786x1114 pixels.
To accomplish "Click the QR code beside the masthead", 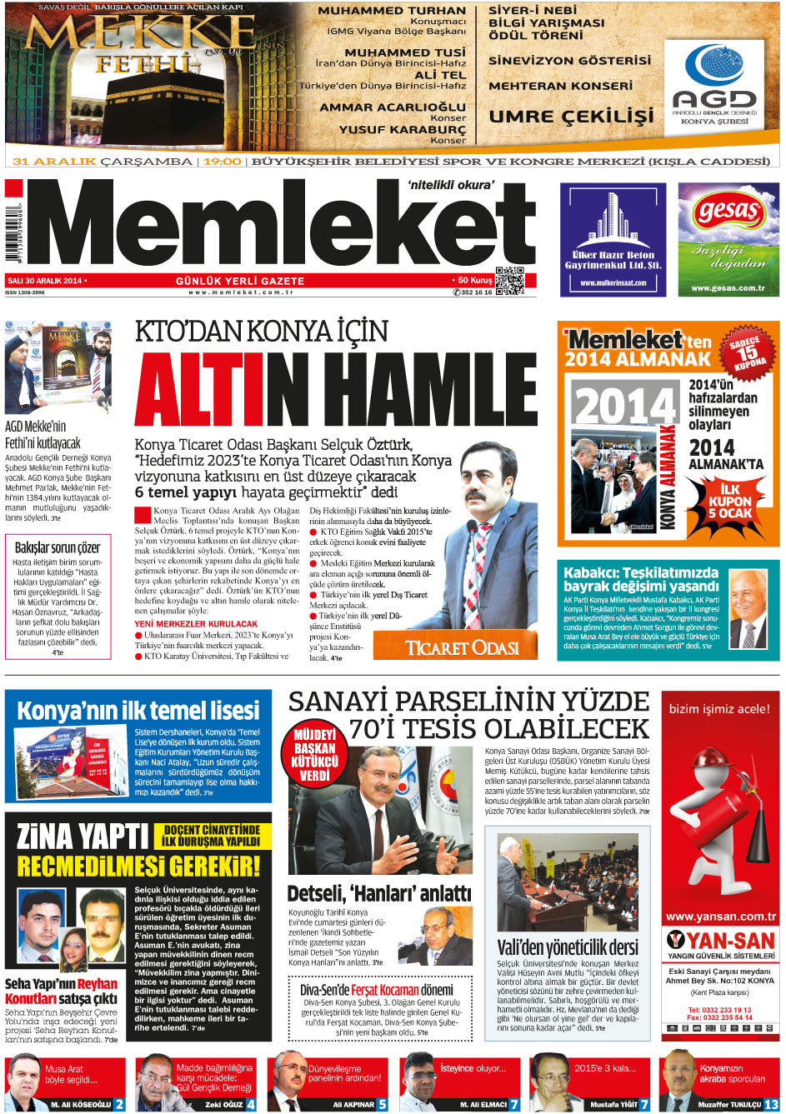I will click(x=509, y=281).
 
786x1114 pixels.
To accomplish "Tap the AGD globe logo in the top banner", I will click(x=713, y=69).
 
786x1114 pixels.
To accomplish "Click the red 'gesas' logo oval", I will click(x=728, y=212).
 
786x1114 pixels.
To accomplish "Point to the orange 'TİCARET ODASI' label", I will click(x=461, y=647).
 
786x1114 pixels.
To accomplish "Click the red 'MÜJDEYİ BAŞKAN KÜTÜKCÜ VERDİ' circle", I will click(x=314, y=754).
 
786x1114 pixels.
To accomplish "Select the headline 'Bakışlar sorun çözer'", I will click(x=58, y=547).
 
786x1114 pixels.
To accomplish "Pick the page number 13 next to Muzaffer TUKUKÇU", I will click(x=771, y=1104).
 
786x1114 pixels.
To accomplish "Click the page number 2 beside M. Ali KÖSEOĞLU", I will click(x=119, y=1104).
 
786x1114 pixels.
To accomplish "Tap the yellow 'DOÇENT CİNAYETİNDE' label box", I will click(x=211, y=836).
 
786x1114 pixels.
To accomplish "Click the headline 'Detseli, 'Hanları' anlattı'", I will click(x=378, y=894).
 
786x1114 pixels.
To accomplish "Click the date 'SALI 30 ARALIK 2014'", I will click(x=46, y=281).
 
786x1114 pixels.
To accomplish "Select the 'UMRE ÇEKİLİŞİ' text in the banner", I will click(x=571, y=116).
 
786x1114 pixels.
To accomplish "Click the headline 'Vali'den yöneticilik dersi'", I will click(x=568, y=947).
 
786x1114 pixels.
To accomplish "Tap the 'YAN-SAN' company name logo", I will click(x=721, y=941).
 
